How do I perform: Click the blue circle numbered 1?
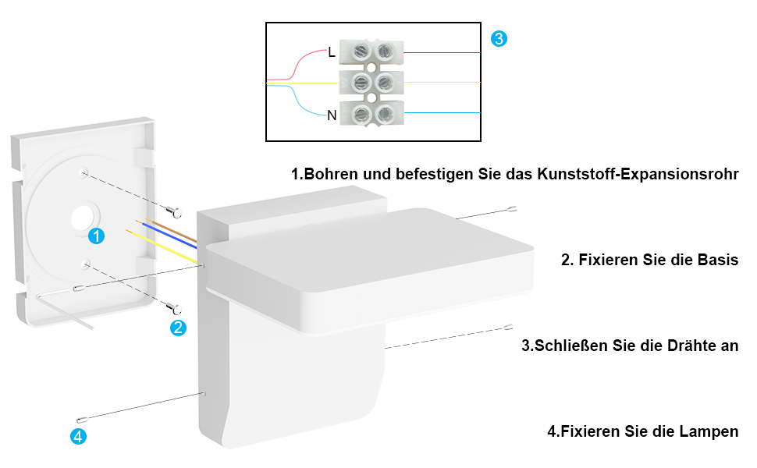[96, 236]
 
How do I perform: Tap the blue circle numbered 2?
[178, 328]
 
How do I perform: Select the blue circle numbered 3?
[499, 38]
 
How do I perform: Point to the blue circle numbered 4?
[78, 436]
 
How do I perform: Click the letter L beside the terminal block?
[331, 52]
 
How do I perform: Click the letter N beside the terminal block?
[332, 115]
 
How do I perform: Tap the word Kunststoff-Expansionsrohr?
[638, 174]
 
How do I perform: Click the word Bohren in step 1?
[331, 174]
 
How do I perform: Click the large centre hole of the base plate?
[83, 218]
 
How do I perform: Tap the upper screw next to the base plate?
[173, 211]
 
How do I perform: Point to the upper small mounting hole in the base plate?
[84, 172]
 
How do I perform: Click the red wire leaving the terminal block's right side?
[442, 52]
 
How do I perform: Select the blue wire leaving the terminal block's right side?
[442, 113]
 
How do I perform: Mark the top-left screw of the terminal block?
[361, 50]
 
